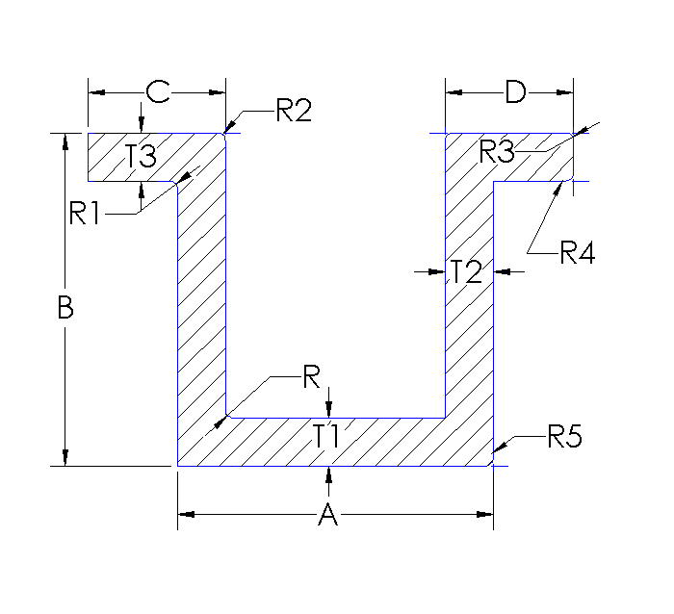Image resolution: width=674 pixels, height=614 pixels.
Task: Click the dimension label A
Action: (x=328, y=516)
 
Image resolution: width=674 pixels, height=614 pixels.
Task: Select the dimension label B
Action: (x=65, y=308)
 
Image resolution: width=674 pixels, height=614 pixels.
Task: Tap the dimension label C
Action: (x=157, y=92)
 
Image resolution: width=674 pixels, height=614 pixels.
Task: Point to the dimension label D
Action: (x=515, y=92)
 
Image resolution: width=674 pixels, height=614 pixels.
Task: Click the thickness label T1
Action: (x=327, y=435)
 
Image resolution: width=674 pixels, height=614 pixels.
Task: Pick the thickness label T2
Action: (x=467, y=272)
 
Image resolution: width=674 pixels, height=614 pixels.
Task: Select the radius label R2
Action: (x=294, y=111)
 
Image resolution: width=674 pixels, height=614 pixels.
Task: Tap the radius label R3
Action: (x=499, y=151)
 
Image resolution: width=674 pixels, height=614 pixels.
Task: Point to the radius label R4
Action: (x=578, y=254)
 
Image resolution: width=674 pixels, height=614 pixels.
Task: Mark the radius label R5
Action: (x=565, y=438)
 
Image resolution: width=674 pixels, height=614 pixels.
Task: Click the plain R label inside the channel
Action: (x=311, y=377)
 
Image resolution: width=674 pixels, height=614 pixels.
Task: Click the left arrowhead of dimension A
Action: (x=185, y=515)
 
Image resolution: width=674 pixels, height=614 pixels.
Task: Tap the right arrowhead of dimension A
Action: (x=486, y=515)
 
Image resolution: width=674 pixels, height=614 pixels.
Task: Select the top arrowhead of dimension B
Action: (x=65, y=141)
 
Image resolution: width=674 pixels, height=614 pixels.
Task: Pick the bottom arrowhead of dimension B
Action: (x=65, y=458)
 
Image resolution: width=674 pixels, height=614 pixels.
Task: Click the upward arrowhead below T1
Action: (x=329, y=473)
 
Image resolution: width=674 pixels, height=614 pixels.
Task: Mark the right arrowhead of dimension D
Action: (x=567, y=92)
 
